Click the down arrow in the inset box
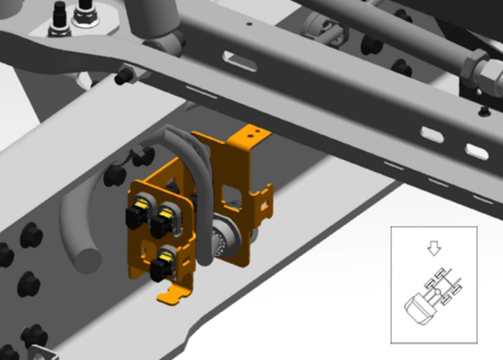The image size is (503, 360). [x=434, y=249]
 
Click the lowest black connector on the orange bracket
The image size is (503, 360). [x=161, y=268]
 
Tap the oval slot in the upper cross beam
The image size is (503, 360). [x=240, y=61]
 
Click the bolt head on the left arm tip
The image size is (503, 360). [x=125, y=76]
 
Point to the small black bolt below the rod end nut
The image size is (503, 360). [x=484, y=112]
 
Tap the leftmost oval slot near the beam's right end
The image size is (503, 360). [x=432, y=135]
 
